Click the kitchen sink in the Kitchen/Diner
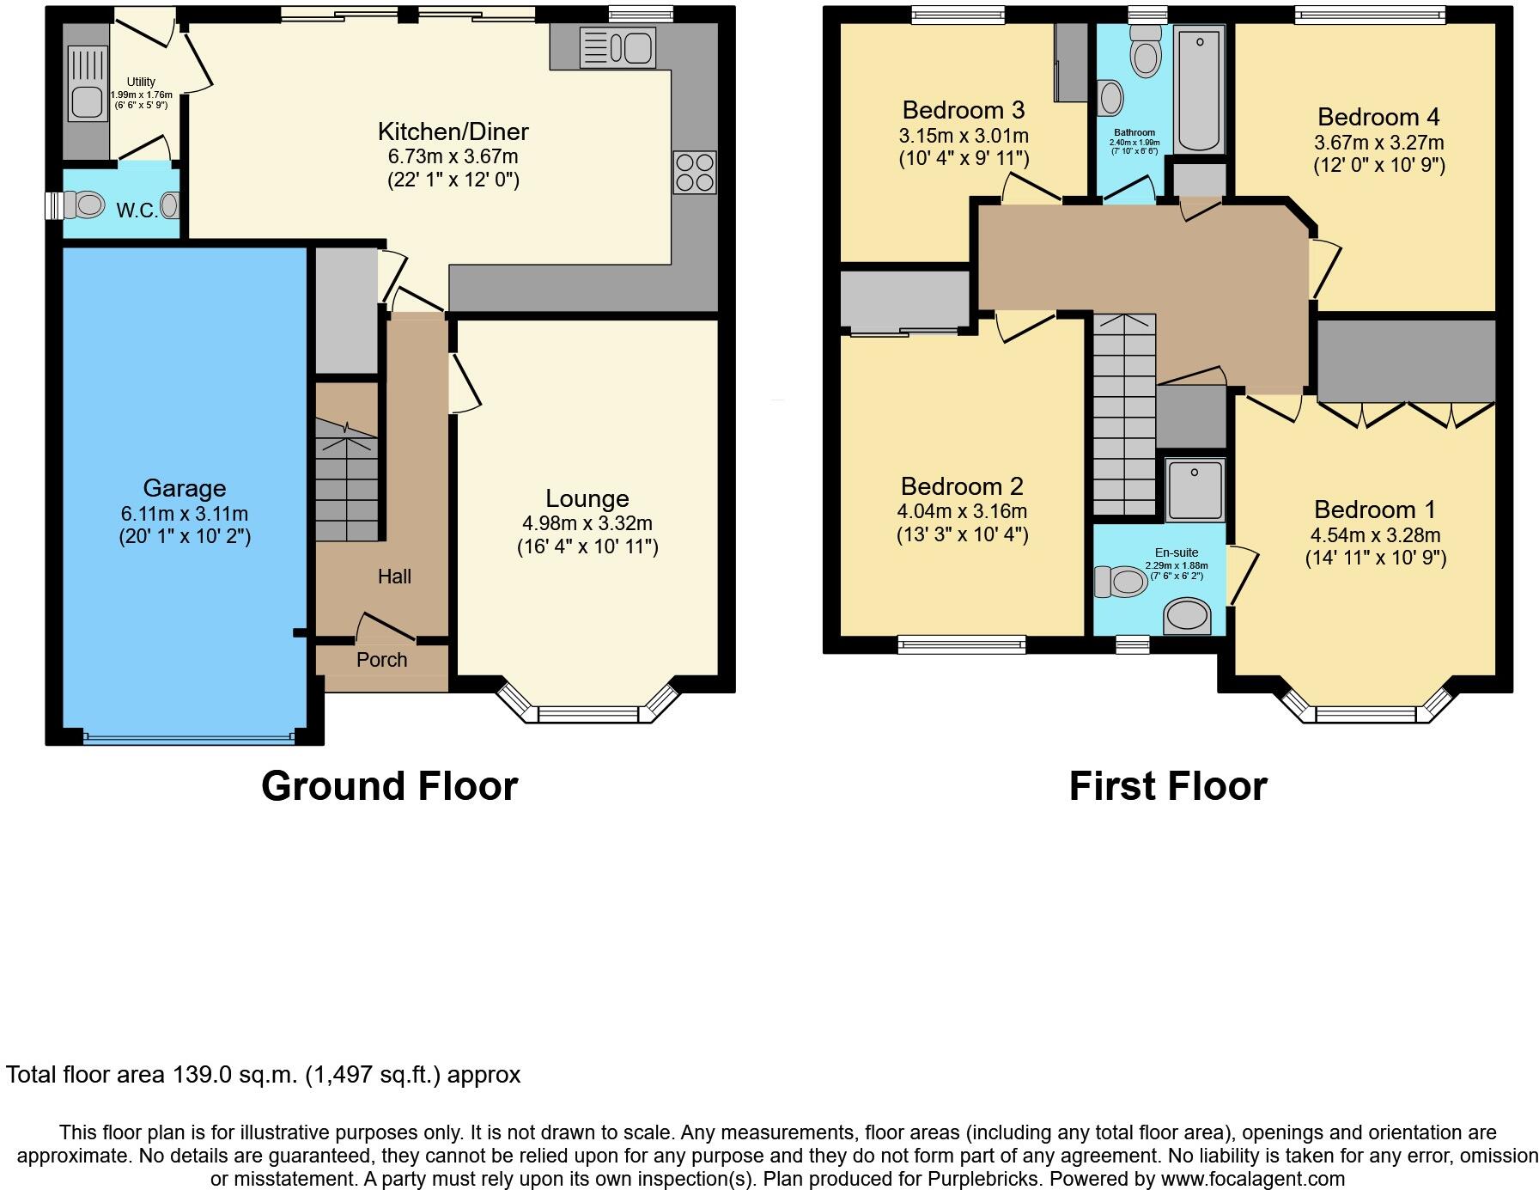tap(617, 46)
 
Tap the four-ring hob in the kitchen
tap(694, 172)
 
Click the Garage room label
tap(185, 488)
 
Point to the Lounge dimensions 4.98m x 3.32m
tap(587, 523)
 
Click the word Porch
tap(381, 659)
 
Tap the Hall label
tap(394, 577)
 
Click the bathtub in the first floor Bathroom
tap(1199, 89)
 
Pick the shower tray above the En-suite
tap(1194, 490)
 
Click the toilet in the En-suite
tap(1120, 582)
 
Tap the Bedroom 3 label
tap(963, 110)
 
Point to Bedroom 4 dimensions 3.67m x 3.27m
tap(1378, 143)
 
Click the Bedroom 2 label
tap(962, 486)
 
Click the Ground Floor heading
tap(389, 785)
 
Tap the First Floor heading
tap(1167, 785)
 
